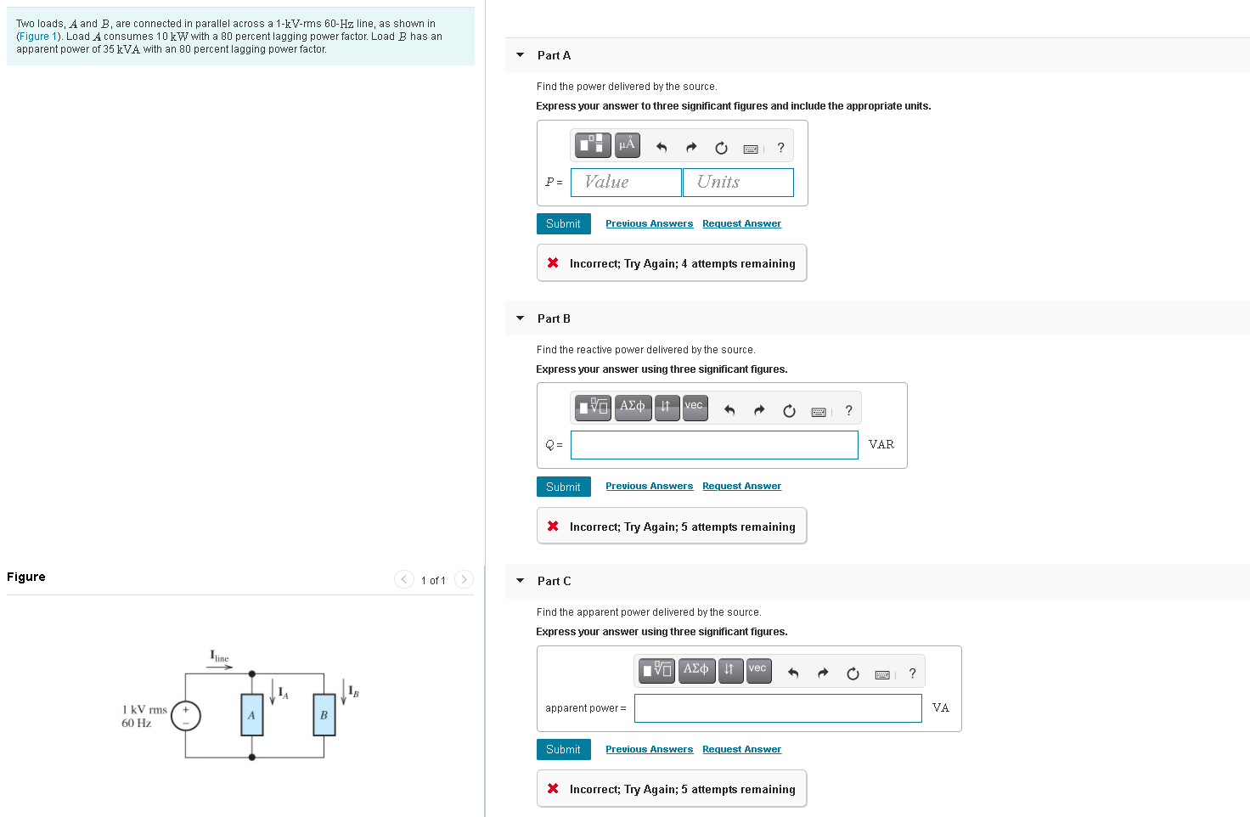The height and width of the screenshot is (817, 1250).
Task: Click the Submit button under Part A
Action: coord(563,223)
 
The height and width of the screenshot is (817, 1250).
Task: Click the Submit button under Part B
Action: coord(563,487)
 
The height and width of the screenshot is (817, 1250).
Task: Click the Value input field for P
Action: coord(626,183)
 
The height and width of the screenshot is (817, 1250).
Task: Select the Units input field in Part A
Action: coord(738,183)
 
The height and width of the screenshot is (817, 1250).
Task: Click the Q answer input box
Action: coord(714,445)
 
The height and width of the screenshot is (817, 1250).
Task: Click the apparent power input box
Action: coord(778,708)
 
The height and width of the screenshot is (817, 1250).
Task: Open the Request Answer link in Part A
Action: coord(741,223)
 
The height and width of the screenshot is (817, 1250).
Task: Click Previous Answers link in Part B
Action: coord(649,487)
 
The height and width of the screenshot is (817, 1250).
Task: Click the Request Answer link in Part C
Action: coord(741,749)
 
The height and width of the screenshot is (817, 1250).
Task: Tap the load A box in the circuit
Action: coord(251,715)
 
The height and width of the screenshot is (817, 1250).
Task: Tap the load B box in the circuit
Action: coord(324,715)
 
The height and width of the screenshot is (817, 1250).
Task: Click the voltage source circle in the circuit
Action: coord(186,716)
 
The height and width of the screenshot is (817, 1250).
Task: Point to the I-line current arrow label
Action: coord(219,657)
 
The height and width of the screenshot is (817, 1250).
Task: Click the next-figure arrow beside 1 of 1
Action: coord(464,580)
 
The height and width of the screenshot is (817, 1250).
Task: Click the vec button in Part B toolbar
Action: coord(695,407)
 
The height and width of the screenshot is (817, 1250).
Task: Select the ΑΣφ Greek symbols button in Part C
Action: coord(696,670)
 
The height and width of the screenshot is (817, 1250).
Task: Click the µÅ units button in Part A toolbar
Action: coord(627,145)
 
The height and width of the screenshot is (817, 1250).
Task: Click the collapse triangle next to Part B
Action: coord(521,318)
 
